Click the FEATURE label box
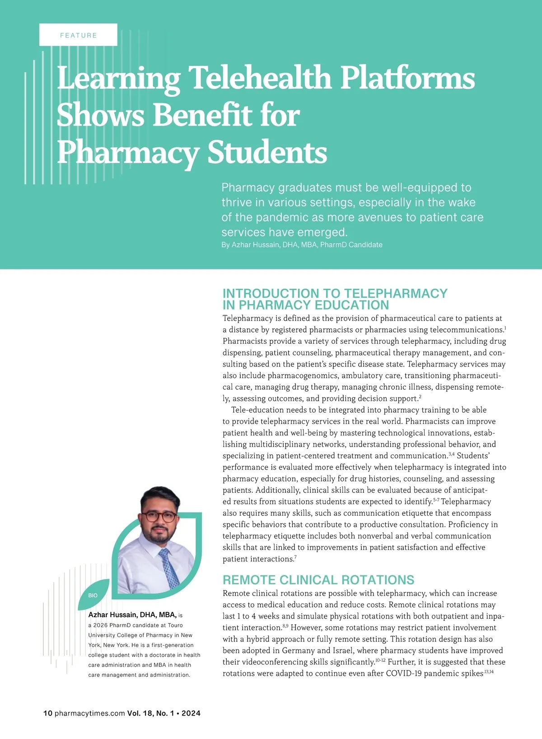point(78,35)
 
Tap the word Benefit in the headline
point(203,115)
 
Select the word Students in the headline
point(267,152)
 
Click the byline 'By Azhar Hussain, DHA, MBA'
point(302,245)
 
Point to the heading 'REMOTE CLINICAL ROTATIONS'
point(318,580)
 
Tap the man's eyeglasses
point(159,517)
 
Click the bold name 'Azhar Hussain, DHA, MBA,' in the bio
point(132,614)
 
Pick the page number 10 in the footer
point(47,713)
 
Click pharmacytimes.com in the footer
point(89,713)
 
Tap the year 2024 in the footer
point(191,713)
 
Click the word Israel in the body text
point(344,651)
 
